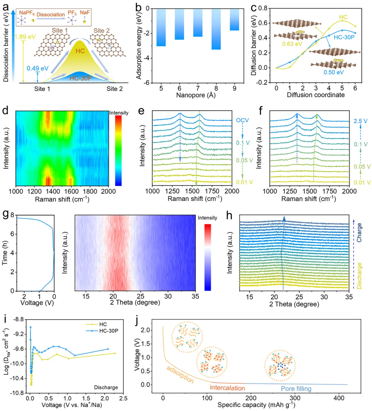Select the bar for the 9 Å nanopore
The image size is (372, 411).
(235, 20)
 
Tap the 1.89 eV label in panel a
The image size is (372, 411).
(25, 37)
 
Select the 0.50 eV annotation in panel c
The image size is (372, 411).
(333, 72)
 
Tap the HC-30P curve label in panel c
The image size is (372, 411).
(344, 37)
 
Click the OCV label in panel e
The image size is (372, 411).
(242, 121)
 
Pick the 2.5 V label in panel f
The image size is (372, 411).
(360, 121)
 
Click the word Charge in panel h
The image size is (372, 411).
(359, 232)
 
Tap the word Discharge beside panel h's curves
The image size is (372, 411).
(359, 275)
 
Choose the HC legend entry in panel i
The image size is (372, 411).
(103, 324)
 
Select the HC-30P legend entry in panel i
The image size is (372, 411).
(108, 331)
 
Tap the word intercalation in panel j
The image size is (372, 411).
(227, 388)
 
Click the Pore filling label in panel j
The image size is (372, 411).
(296, 389)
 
